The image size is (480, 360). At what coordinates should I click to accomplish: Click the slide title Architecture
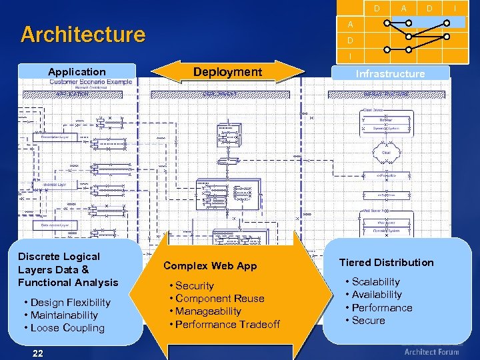click(x=83, y=34)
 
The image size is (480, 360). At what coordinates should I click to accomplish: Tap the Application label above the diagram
click(x=77, y=72)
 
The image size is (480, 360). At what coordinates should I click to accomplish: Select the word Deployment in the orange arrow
click(x=227, y=72)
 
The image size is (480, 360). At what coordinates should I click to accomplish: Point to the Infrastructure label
click(x=390, y=74)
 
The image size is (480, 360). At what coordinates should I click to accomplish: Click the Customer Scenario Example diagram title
click(x=91, y=82)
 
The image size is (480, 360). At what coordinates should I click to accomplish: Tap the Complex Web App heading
click(x=210, y=266)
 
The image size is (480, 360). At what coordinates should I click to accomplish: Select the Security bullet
click(x=194, y=286)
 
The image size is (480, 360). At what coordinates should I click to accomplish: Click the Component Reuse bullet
click(x=219, y=299)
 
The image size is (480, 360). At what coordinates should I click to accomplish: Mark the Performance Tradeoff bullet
click(x=227, y=325)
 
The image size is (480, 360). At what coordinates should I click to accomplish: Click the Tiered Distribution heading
click(x=386, y=263)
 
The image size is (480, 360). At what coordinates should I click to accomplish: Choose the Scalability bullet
click(x=375, y=282)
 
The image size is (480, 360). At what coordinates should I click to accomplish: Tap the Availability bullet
click(x=377, y=295)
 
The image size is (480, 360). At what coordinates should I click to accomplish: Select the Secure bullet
click(x=368, y=321)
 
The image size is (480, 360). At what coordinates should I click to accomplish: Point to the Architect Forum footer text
click(x=431, y=352)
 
